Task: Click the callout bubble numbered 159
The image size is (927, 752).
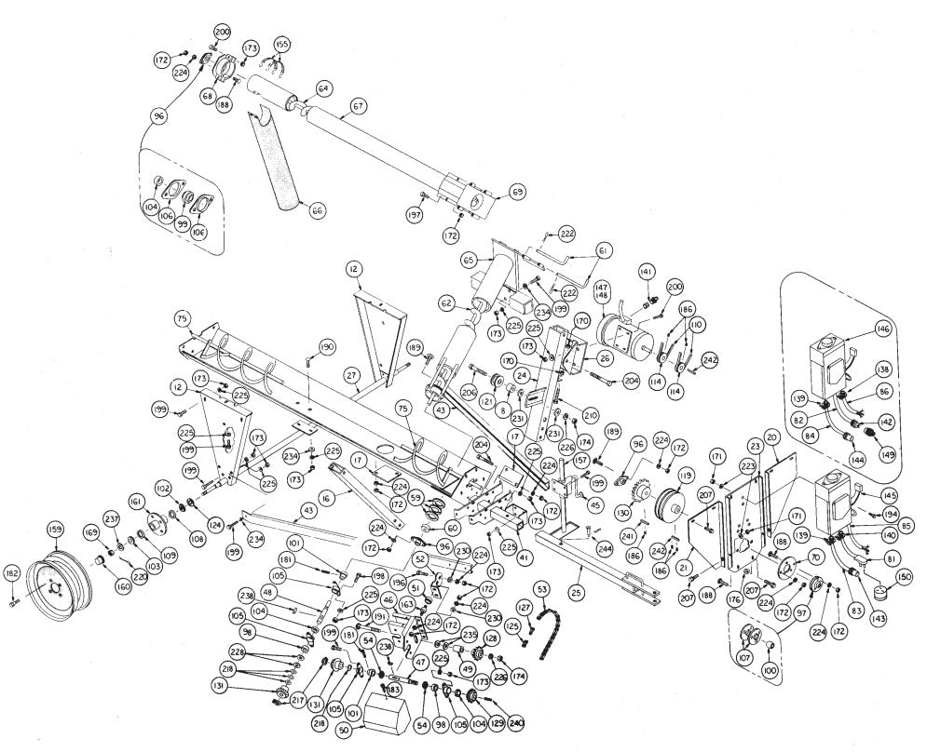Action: tap(55, 529)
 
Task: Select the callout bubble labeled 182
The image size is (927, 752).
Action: tap(12, 572)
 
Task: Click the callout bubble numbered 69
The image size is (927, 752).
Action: tap(517, 193)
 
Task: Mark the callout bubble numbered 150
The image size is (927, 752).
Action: tap(903, 576)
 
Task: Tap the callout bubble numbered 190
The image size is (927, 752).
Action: tap(325, 347)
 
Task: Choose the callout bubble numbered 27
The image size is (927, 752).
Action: tap(351, 375)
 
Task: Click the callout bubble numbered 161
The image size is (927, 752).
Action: tap(138, 501)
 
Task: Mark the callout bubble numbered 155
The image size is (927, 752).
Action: tap(281, 43)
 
